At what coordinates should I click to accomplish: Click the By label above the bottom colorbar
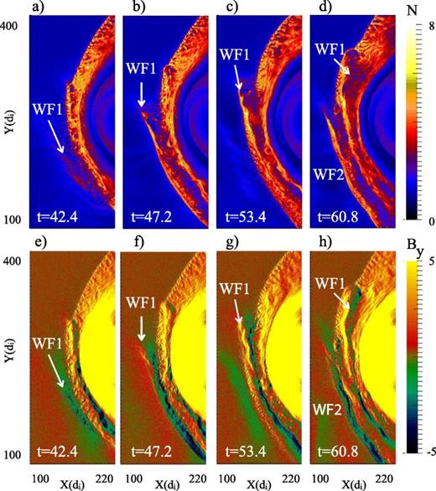coord(414,248)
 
